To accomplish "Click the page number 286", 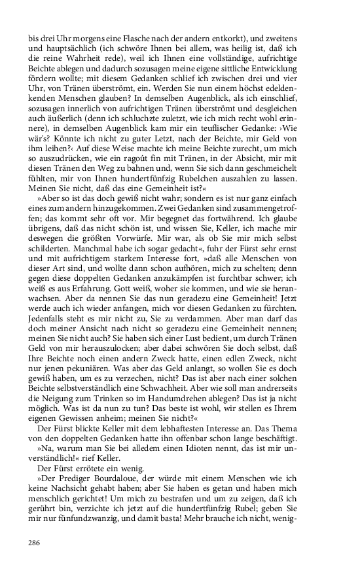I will pos(34,542).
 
